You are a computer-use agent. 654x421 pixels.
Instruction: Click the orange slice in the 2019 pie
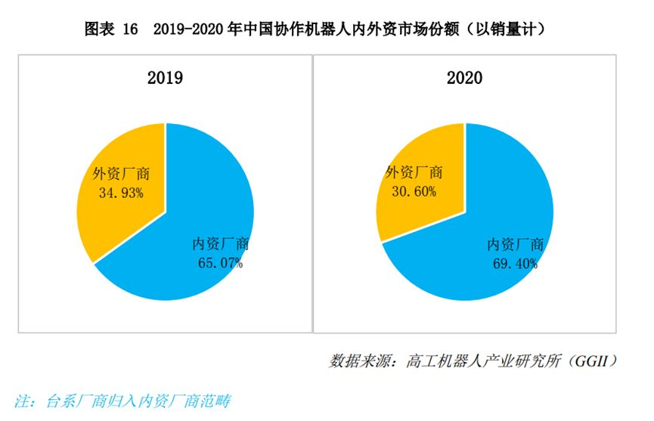(x=113, y=219)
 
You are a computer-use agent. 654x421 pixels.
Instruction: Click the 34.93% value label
(x=122, y=193)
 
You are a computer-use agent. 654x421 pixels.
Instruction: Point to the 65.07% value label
(x=219, y=263)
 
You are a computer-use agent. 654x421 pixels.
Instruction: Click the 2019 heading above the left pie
(x=165, y=78)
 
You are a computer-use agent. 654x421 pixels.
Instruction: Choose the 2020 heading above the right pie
(x=464, y=78)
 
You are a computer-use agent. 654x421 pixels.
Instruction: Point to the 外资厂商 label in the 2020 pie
(x=414, y=173)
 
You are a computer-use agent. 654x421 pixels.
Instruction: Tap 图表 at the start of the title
(x=99, y=29)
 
